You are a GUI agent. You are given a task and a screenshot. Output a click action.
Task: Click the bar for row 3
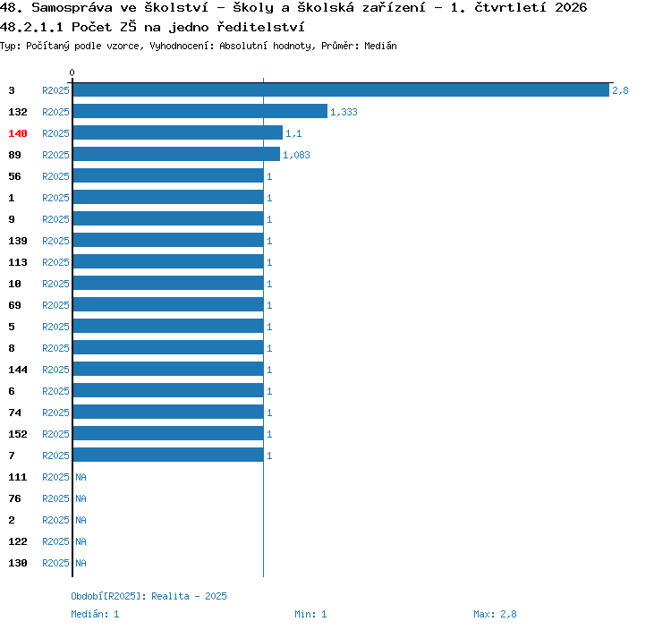point(341,89)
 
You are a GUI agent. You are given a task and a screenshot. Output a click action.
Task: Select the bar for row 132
point(200,111)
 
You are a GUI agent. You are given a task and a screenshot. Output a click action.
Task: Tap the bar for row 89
point(176,154)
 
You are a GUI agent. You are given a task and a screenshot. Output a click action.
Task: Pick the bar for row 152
point(168,433)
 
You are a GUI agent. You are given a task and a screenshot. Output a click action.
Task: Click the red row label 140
point(18,133)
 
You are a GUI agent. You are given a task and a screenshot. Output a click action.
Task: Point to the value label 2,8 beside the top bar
point(620,90)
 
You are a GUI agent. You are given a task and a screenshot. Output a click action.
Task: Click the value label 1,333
point(344,112)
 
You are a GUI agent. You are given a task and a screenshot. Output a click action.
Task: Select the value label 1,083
point(296,155)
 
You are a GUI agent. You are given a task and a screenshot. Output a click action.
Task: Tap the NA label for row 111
point(81,477)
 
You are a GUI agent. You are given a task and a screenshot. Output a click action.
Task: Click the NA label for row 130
point(81,563)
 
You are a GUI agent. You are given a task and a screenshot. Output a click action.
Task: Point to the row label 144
point(18,370)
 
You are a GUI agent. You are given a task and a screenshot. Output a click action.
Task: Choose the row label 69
point(14,305)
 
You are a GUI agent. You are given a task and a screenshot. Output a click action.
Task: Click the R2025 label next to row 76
point(55,498)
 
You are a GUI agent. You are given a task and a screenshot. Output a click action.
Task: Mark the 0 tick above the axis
point(72,72)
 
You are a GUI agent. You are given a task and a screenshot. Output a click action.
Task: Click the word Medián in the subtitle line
point(380,46)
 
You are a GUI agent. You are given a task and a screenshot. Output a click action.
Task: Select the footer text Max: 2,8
point(495,614)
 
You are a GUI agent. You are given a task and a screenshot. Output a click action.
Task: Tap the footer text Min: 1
point(310,614)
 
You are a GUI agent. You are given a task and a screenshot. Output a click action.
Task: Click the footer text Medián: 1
point(95,614)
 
